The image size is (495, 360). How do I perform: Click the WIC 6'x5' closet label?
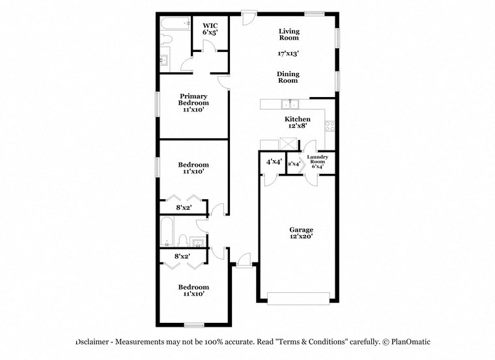point(209,28)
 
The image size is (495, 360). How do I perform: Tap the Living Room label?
point(289,35)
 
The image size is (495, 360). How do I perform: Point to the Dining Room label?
point(289,77)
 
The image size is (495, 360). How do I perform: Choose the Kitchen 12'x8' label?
point(297,122)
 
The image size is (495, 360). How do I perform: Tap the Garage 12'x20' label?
point(302,233)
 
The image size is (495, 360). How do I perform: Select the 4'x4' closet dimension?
point(273,161)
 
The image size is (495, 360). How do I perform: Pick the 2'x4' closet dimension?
point(294,164)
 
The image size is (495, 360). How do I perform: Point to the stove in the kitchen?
point(330,124)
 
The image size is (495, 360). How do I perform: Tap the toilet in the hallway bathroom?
point(183,239)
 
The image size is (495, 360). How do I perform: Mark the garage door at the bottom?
point(299,298)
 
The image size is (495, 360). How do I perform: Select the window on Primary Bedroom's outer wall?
point(157,104)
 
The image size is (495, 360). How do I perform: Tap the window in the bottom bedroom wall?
point(193,324)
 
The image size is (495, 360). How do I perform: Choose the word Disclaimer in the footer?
point(95,342)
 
